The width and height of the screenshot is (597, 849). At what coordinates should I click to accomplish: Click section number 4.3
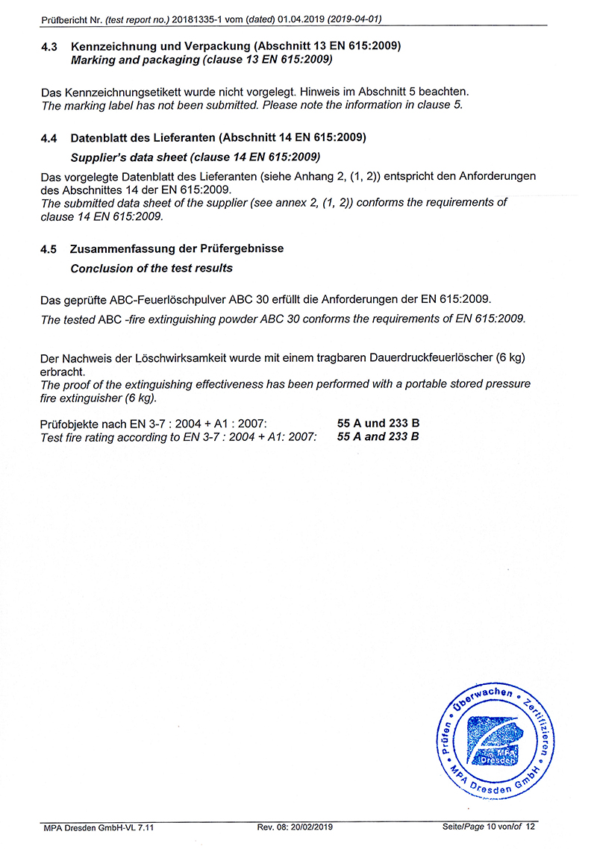pyautogui.click(x=49, y=46)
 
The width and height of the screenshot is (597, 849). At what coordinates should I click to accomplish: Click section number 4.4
pyautogui.click(x=49, y=139)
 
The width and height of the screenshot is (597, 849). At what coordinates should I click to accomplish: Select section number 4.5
pyautogui.click(x=49, y=249)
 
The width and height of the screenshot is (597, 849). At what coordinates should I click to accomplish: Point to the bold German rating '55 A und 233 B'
pyautogui.click(x=378, y=424)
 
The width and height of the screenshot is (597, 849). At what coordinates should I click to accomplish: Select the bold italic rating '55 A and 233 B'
pyautogui.click(x=378, y=436)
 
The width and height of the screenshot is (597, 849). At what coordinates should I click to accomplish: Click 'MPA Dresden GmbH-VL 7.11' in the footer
pyautogui.click(x=98, y=827)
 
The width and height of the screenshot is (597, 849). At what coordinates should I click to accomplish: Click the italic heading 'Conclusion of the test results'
pyautogui.click(x=151, y=268)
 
